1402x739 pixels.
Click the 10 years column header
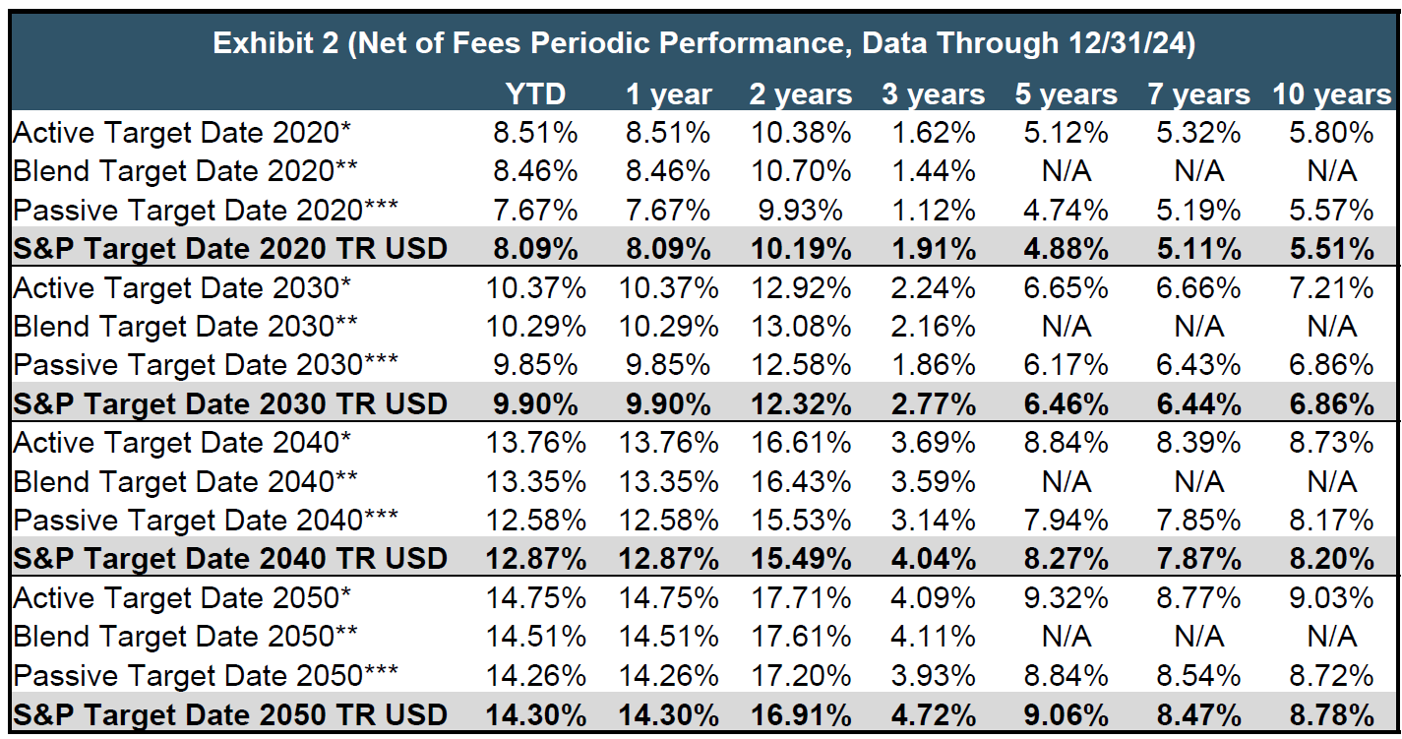tap(1332, 94)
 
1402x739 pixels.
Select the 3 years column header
tap(933, 94)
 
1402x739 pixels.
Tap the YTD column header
tap(535, 94)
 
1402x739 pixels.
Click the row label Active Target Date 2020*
tap(182, 133)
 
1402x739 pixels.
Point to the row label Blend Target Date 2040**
tap(184, 482)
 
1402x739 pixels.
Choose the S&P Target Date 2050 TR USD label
tap(230, 714)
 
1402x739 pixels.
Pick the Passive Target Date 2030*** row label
tap(206, 365)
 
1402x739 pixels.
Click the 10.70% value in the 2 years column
tap(801, 171)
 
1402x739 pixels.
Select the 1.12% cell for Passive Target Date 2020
tap(933, 211)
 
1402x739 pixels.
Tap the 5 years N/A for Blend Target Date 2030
tap(1067, 327)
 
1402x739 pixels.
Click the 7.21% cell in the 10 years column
tap(1332, 288)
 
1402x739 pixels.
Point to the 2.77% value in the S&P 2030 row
tap(933, 404)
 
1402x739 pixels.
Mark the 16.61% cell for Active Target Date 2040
tap(801, 443)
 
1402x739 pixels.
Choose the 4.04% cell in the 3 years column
tap(933, 560)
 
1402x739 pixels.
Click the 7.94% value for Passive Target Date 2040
tap(1067, 521)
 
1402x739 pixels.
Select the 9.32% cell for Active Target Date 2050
tap(1067, 598)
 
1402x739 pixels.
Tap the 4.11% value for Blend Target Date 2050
tap(933, 637)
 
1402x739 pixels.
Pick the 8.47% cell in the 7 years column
tap(1198, 714)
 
